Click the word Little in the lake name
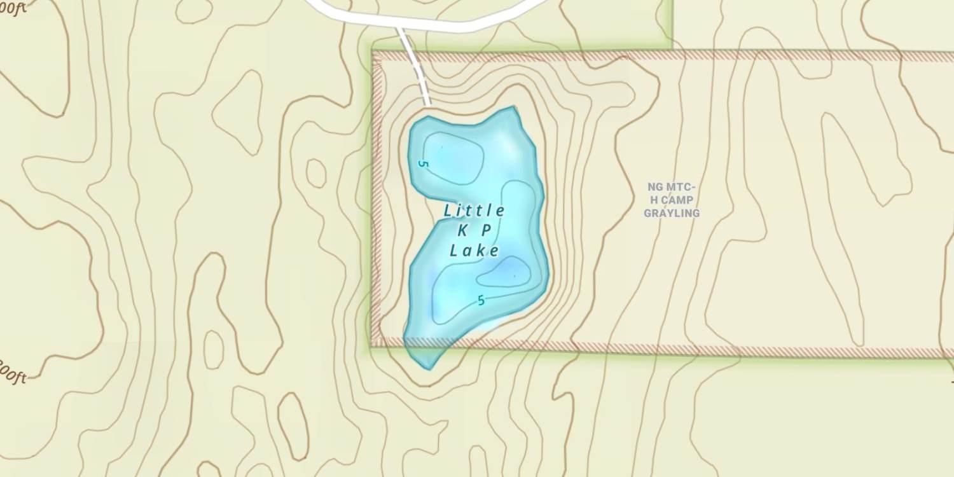(474, 211)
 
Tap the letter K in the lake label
(462, 232)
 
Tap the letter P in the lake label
(486, 232)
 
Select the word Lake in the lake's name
(474, 251)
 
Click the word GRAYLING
(672, 213)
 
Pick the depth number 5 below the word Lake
(481, 301)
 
